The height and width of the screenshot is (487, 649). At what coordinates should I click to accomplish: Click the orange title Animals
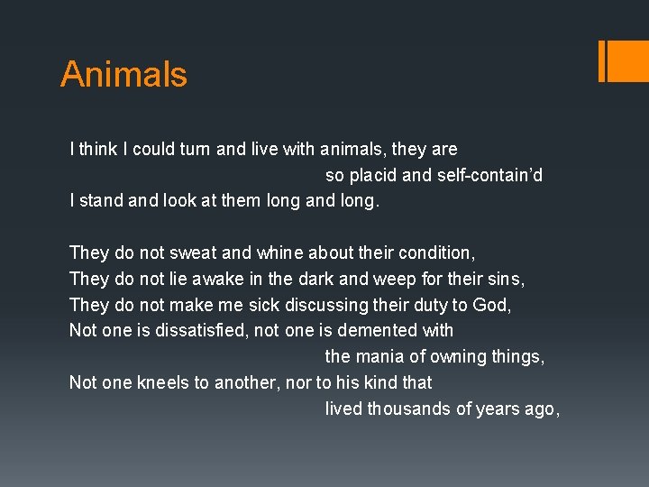123,73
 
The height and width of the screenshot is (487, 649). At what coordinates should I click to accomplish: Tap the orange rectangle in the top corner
623,60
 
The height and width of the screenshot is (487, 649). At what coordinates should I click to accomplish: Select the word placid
370,175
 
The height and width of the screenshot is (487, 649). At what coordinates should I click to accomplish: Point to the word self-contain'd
489,175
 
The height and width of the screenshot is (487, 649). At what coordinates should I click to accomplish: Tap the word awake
197,279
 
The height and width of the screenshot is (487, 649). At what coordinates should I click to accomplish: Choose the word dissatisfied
201,330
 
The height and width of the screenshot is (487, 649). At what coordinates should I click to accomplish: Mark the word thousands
407,409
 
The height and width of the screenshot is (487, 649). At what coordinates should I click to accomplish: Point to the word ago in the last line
542,409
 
